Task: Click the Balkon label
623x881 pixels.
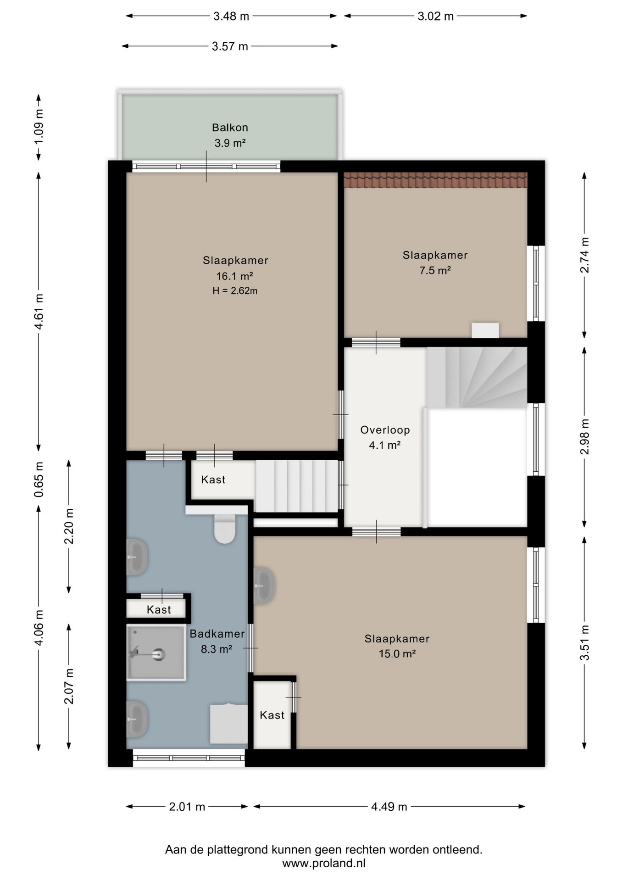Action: (x=230, y=128)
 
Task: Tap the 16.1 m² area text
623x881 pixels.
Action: (x=235, y=276)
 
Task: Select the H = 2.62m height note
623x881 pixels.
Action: (x=235, y=290)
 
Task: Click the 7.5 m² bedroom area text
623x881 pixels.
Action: (x=435, y=270)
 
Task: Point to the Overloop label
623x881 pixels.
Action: (x=385, y=430)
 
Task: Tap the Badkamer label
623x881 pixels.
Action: (x=217, y=634)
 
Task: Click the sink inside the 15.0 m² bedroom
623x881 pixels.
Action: (x=264, y=585)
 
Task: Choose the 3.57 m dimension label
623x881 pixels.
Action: (x=230, y=46)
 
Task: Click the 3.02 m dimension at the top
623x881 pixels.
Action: (x=435, y=17)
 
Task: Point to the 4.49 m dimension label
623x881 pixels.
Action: (x=389, y=807)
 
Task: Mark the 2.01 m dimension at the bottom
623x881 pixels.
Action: (x=187, y=807)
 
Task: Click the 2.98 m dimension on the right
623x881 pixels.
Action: (x=584, y=436)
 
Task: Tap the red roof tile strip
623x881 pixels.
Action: (x=435, y=180)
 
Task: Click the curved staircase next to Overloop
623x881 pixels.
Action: (x=477, y=377)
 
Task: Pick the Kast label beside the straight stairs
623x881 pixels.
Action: (x=213, y=480)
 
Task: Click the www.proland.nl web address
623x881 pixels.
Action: (x=323, y=863)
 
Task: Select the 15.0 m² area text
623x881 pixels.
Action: (x=397, y=654)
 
